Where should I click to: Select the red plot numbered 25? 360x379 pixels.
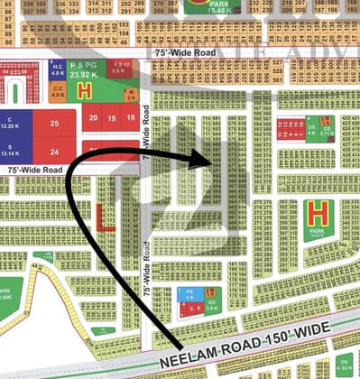click(56, 123)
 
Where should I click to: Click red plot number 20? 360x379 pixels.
click(93, 117)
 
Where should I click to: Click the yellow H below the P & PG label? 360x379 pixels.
click(85, 91)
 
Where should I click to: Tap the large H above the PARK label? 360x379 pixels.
click(316, 213)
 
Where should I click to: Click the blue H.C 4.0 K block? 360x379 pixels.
click(56, 70)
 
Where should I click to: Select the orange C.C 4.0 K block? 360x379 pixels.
click(56, 89)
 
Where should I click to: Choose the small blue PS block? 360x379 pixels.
click(189, 293)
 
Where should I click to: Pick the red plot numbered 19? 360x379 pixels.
click(112, 117)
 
